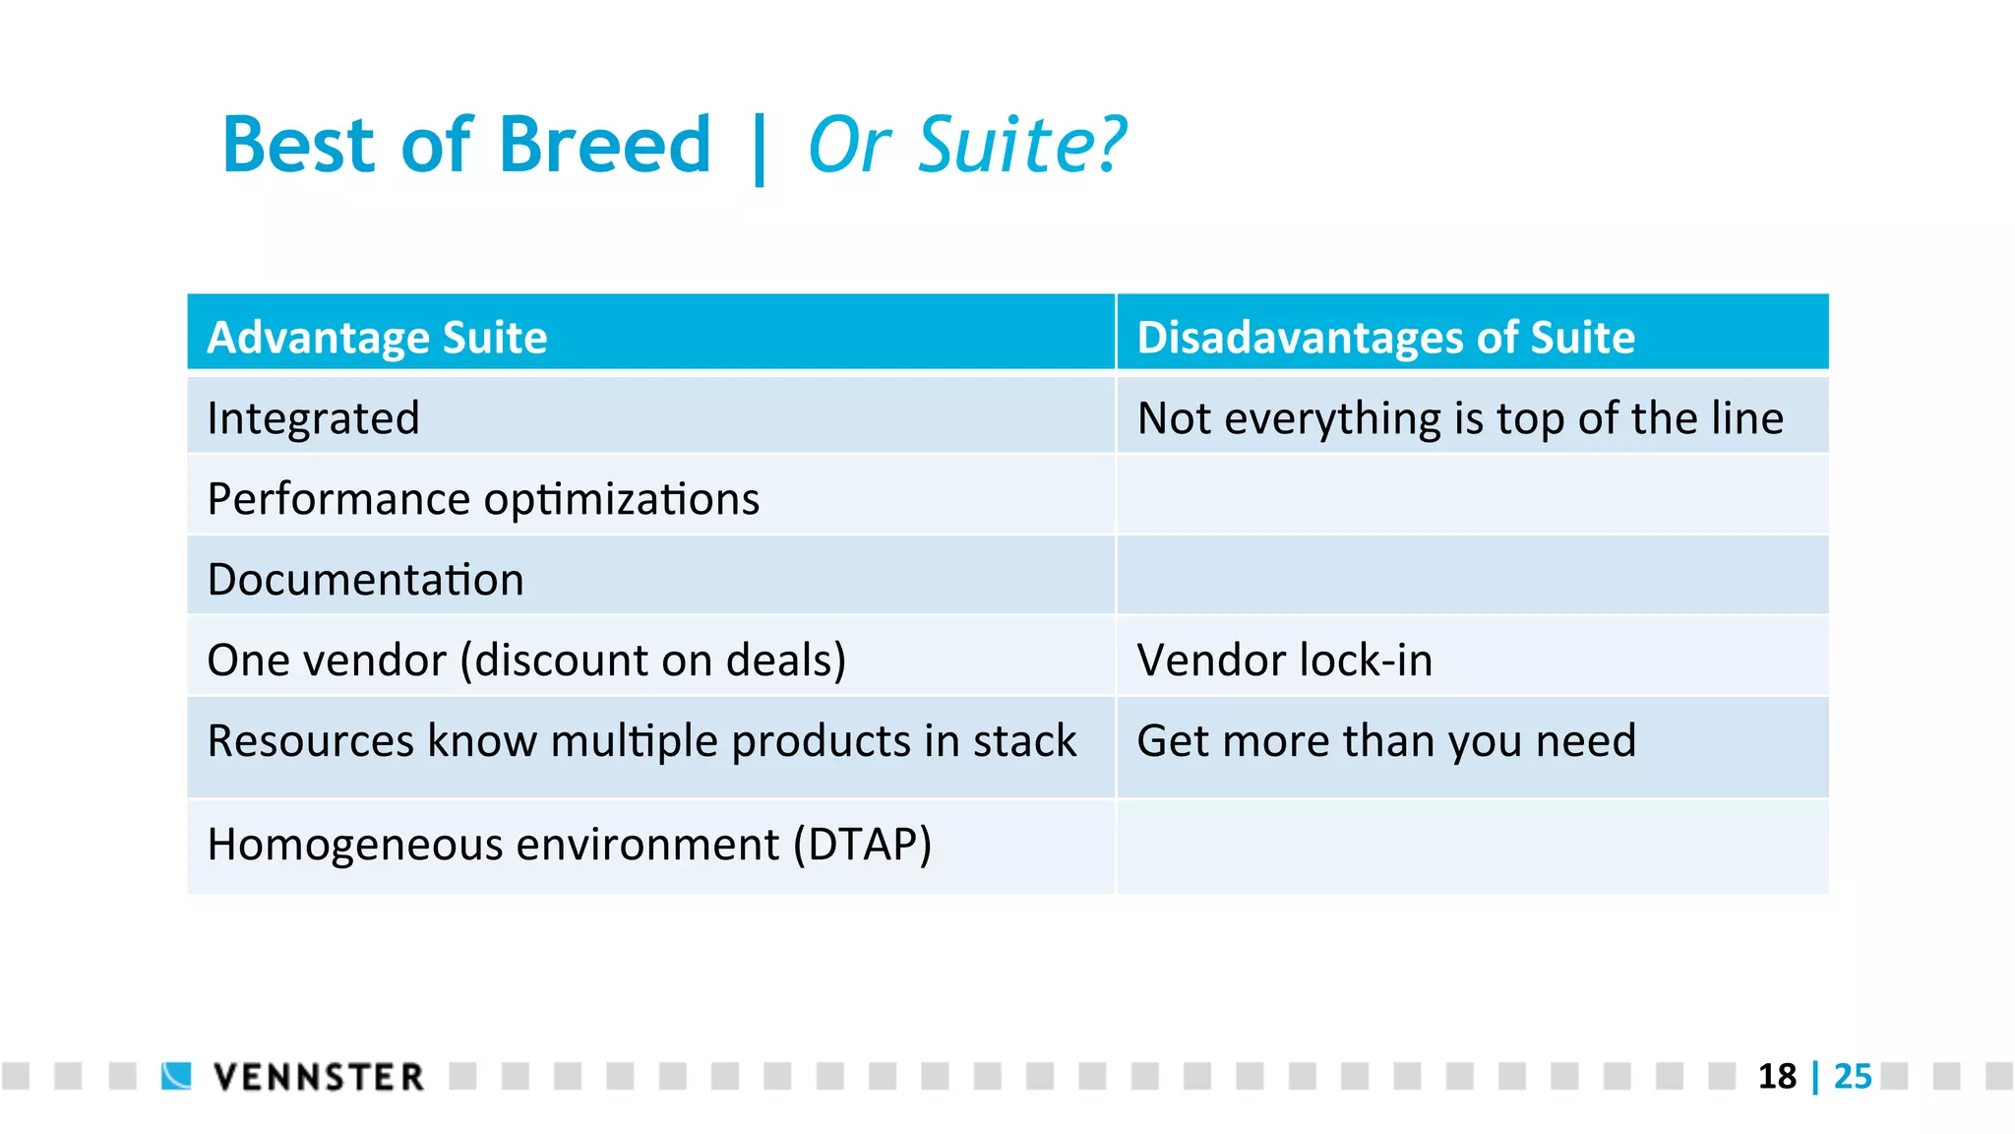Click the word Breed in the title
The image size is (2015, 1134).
pos(604,146)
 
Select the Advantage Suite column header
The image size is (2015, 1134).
pos(377,337)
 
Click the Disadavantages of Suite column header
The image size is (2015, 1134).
pos(1385,337)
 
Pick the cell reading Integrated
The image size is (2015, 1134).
pos(314,418)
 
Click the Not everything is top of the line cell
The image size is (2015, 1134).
pos(1460,418)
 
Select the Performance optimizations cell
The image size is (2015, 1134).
pos(483,499)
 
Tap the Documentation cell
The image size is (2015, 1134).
pos(366,580)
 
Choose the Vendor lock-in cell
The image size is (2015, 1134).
pos(1284,661)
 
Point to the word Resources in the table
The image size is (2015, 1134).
pos(311,741)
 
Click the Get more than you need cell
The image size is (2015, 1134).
pos(1385,741)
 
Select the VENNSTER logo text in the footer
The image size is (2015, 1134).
pos(319,1077)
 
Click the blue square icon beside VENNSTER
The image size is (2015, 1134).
pos(177,1076)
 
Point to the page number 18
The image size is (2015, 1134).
pos(1777,1077)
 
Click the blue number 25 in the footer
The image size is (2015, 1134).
pos(1853,1077)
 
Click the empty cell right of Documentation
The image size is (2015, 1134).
pos(1472,576)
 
